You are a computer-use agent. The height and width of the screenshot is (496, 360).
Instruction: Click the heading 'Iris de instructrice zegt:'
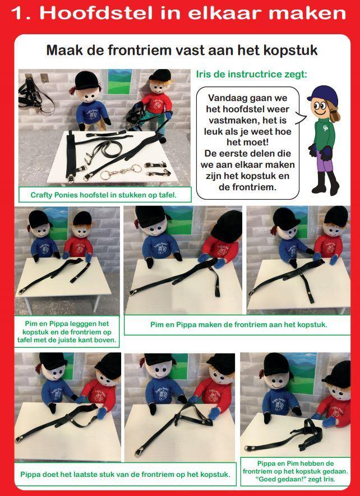pyautogui.click(x=251, y=75)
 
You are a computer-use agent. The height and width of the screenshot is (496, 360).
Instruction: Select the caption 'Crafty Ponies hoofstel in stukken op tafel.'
pyautogui.click(x=104, y=195)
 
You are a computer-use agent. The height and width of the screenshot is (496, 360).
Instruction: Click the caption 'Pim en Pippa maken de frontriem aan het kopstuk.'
pyautogui.click(x=239, y=324)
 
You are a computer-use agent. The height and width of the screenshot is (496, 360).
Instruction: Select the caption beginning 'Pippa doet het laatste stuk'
pyautogui.click(x=125, y=474)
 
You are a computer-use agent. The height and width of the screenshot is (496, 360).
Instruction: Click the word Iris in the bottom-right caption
pyautogui.click(x=328, y=479)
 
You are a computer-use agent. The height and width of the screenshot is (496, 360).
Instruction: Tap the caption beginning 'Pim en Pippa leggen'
pyautogui.click(x=67, y=332)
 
